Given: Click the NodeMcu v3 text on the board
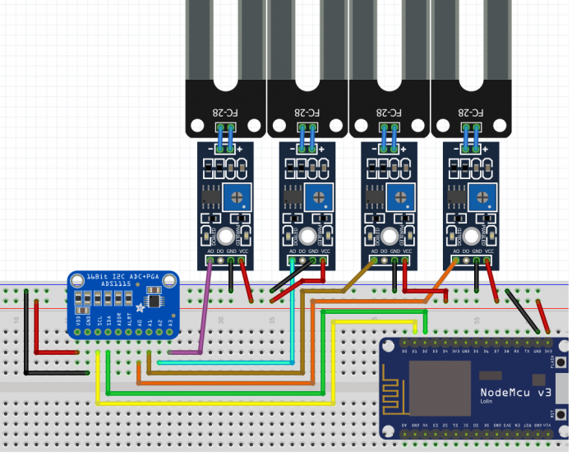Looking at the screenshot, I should coord(515,394).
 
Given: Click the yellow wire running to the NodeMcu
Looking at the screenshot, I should coord(214,403).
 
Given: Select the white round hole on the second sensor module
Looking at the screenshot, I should coord(307,235).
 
